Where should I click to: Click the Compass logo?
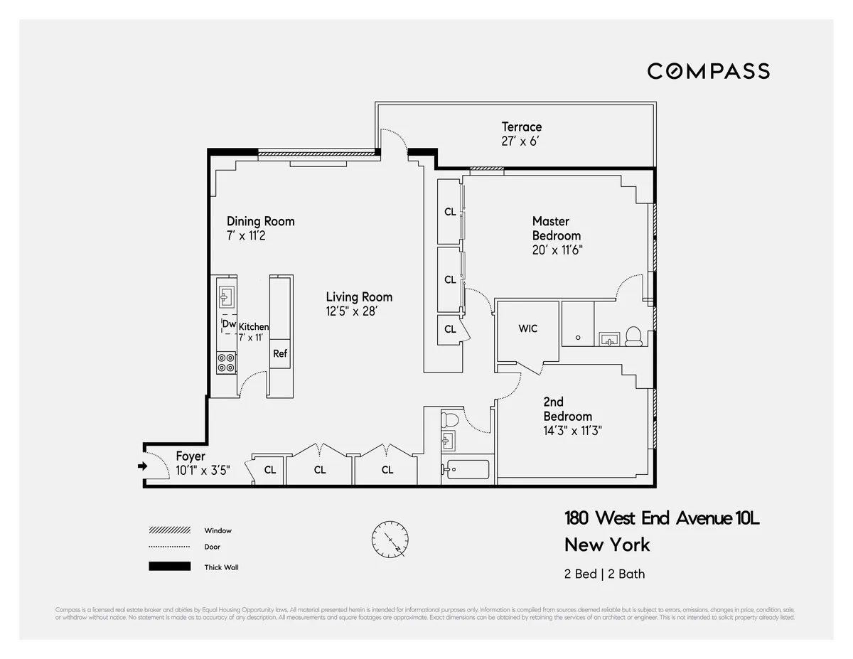tap(708, 71)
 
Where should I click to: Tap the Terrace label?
tap(521, 127)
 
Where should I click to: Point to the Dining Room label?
tap(260, 221)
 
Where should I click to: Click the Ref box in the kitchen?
tap(280, 353)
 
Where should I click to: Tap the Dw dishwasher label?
tap(229, 324)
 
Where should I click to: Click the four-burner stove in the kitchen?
tap(227, 363)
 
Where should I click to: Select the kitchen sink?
tap(227, 296)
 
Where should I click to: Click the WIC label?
tap(527, 328)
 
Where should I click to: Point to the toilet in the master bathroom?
tap(633, 336)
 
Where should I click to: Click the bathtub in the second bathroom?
tap(466, 469)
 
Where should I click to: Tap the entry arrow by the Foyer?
tap(141, 466)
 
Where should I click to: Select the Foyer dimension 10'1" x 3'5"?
tap(203, 469)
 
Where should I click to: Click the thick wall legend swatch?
tap(169, 567)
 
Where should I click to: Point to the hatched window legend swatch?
tap(169, 530)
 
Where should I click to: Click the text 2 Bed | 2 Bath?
tap(604, 574)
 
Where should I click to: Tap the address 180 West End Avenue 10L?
tap(662, 518)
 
